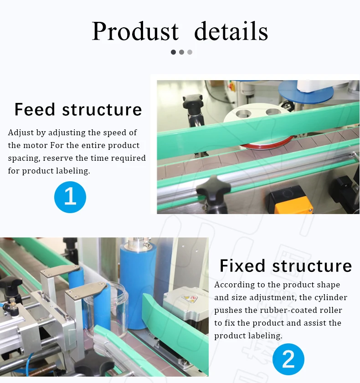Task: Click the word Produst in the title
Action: tap(135, 31)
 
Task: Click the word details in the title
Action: tap(231, 31)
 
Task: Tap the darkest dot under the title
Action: tap(173, 52)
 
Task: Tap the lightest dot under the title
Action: tap(190, 52)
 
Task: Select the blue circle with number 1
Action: tap(70, 197)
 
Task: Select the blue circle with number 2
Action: tap(288, 359)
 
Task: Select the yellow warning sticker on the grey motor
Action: tap(188, 300)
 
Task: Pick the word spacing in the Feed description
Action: tap(22, 158)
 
